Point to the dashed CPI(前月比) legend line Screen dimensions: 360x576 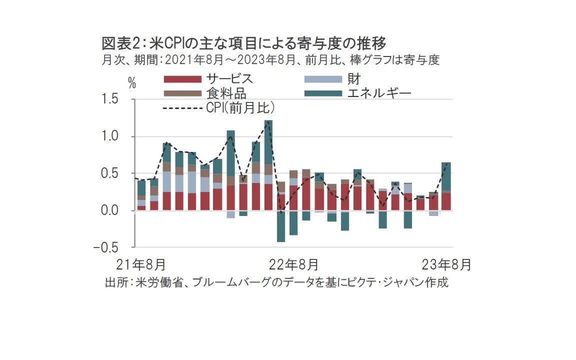click(183, 108)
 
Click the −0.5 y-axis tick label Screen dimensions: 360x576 click(108, 247)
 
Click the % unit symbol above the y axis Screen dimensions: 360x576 click(132, 84)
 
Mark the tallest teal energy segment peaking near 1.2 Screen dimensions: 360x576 click(268, 142)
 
